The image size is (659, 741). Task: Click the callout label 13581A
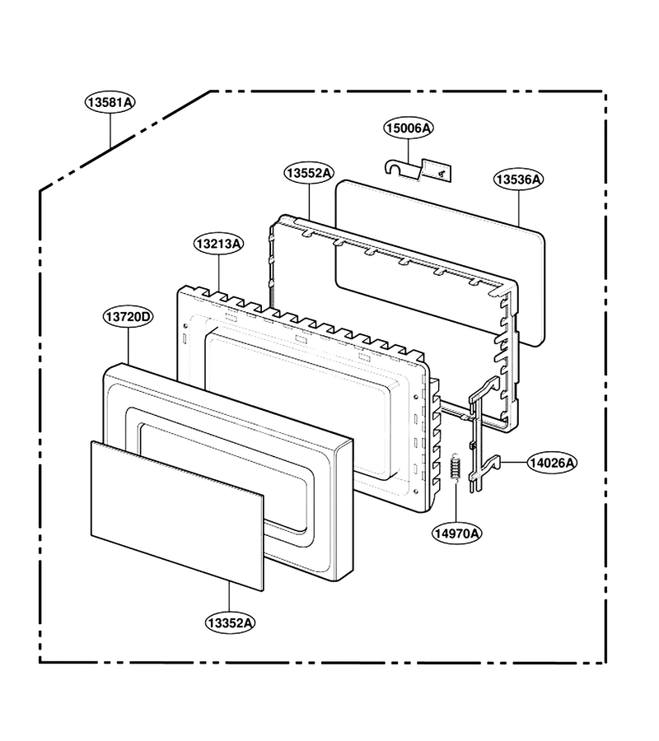[110, 103]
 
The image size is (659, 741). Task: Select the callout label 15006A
[409, 128]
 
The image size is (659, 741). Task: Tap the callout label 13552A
[309, 173]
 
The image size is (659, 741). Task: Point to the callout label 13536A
[519, 179]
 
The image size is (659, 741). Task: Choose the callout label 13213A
[219, 244]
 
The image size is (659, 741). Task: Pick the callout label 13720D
[129, 317]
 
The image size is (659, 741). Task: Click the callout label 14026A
[552, 463]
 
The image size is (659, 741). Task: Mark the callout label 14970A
[456, 534]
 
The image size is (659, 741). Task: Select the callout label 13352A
[230, 623]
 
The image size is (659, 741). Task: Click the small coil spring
[456, 467]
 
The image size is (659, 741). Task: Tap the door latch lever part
[484, 435]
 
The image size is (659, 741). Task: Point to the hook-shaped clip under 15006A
[402, 169]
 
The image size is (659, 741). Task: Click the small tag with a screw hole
[436, 170]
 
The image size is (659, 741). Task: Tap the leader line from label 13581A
[110, 131]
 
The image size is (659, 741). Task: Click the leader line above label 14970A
[456, 502]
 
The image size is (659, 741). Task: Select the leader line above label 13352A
[229, 597]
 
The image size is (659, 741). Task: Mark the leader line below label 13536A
[519, 208]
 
